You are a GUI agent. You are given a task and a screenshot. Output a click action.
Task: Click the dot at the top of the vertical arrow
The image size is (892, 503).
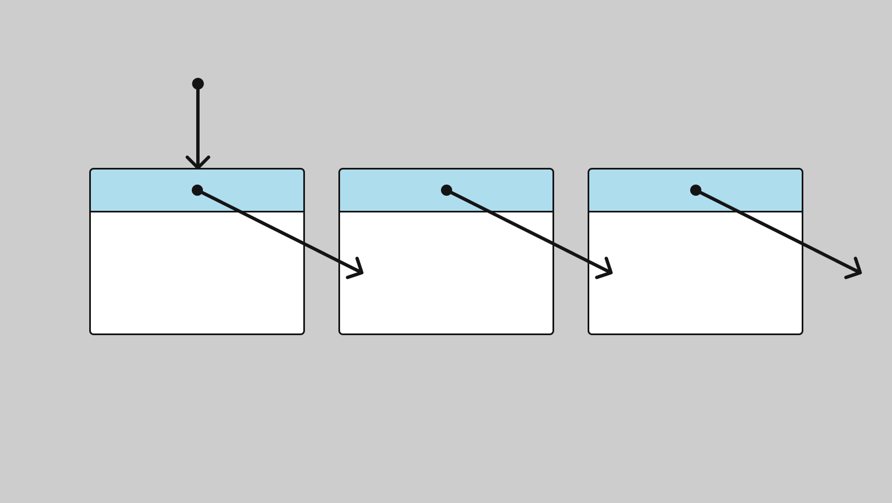198,84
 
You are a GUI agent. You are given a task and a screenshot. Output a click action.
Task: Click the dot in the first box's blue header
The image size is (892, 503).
197,190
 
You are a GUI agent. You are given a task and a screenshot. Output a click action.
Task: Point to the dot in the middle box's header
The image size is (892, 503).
447,190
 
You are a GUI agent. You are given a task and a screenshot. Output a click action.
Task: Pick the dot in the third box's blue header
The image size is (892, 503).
696,190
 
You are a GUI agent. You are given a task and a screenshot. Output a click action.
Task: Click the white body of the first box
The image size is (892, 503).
167,279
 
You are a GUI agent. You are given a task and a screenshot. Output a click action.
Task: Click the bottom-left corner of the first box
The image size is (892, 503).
91,333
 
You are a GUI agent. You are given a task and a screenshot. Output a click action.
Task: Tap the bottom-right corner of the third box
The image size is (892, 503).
801,333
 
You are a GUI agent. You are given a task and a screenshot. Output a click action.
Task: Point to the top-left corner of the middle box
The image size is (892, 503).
341,170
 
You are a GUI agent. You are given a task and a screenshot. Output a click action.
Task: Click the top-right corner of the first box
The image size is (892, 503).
303,170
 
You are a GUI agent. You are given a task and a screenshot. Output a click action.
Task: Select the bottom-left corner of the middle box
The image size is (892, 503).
341,333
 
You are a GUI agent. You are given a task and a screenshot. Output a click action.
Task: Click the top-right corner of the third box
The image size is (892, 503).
801,170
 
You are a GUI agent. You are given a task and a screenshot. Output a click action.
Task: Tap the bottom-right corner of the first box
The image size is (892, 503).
303,333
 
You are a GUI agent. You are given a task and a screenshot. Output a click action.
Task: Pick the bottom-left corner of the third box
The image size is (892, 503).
590,333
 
